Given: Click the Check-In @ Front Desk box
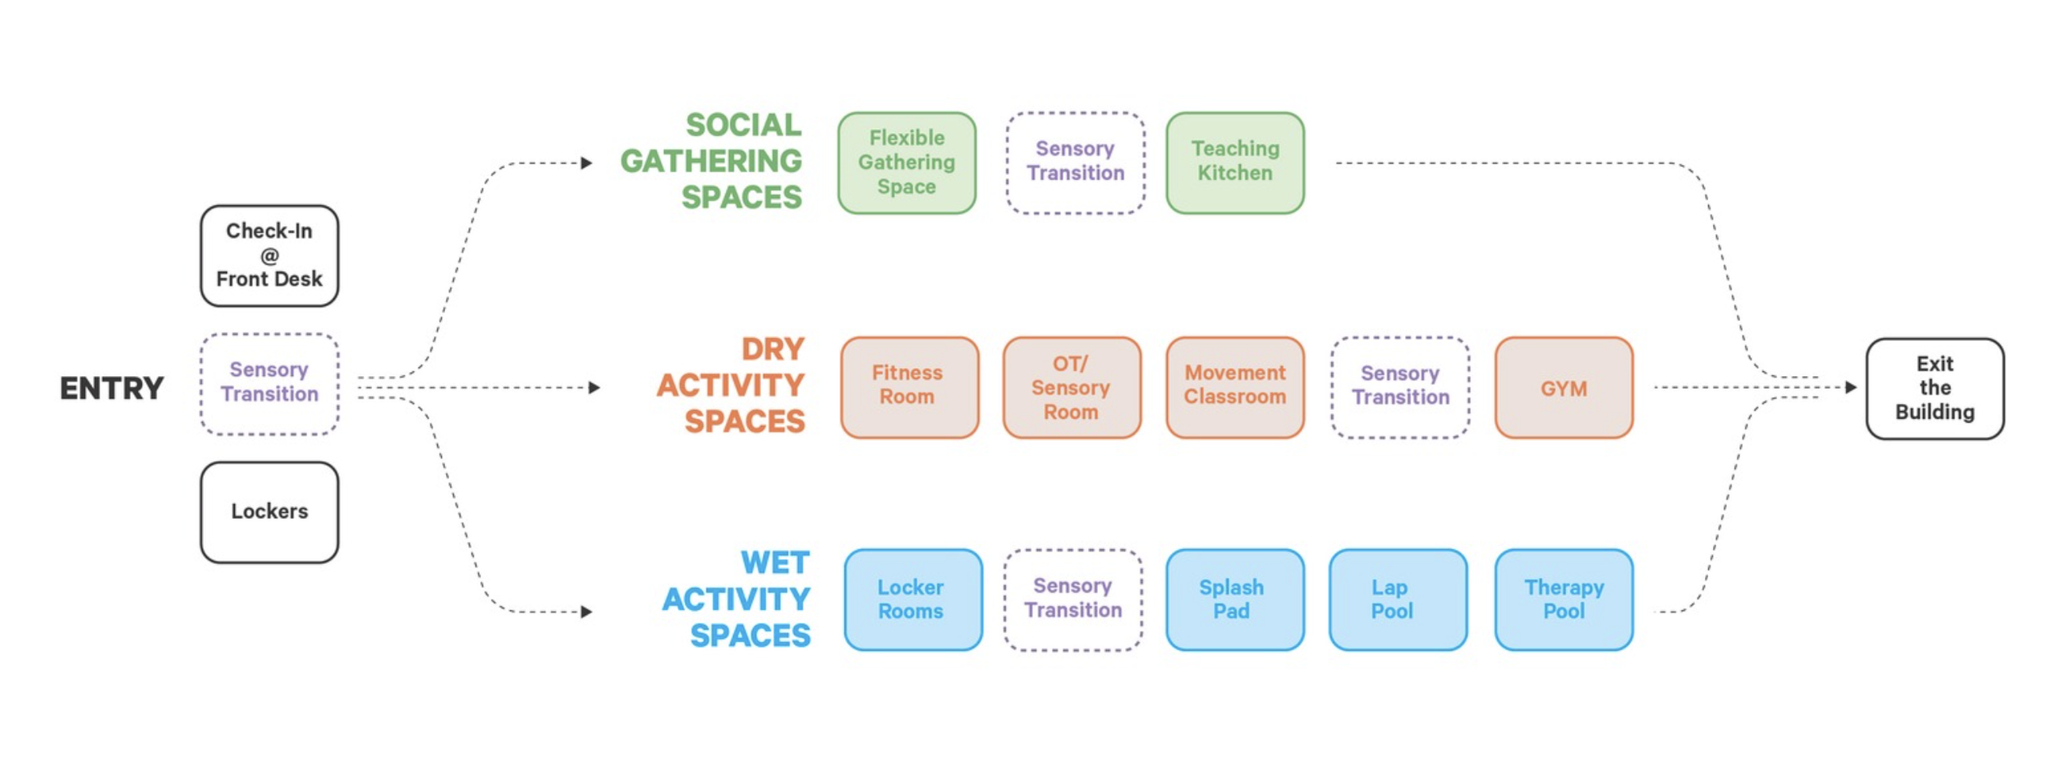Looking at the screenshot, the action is [269, 255].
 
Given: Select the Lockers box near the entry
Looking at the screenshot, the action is [269, 512].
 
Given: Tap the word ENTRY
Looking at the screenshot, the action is [112, 388].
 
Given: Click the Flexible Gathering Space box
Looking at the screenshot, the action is [907, 163].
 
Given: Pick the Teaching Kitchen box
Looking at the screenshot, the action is [1235, 163].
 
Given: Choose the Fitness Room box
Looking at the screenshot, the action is [910, 387].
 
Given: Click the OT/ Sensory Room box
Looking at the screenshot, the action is [1072, 387].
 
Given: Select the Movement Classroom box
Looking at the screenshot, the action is [1235, 387].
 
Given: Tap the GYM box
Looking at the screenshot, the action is [1564, 387].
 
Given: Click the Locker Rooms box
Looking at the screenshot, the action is [913, 599].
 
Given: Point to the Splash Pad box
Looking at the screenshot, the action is [1235, 599].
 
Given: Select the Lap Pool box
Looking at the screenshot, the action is [1398, 599].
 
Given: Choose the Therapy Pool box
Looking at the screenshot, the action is [1564, 599].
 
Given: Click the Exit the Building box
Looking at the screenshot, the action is [1935, 388].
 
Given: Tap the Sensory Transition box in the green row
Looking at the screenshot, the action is [1075, 163].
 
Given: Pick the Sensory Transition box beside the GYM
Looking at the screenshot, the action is [1400, 387].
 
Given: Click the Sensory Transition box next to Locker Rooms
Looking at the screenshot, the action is [1072, 599].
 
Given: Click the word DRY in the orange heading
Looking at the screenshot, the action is [773, 349].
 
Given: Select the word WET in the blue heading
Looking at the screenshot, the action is [774, 562].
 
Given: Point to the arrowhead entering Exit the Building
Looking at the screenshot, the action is [1851, 387].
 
